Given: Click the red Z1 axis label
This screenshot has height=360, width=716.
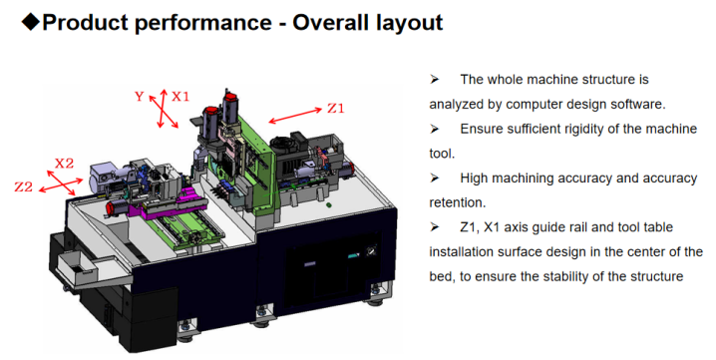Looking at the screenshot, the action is [x=336, y=109].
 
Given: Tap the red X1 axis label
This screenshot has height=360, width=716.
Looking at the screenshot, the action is [x=179, y=97].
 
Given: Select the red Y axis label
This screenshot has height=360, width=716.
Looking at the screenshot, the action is [x=140, y=97].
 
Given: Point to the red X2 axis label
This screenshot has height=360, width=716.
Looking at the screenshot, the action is [x=65, y=164].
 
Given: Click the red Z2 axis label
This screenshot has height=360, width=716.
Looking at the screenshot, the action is [x=24, y=186].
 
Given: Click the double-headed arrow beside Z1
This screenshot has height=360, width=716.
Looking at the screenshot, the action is [x=295, y=116].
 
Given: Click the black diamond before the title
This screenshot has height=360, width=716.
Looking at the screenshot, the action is [x=31, y=22].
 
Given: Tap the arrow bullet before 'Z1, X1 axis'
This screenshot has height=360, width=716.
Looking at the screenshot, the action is [x=434, y=227].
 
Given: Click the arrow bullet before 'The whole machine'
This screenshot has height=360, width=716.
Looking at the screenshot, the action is [x=434, y=80].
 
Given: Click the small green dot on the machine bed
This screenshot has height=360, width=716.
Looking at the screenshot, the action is [x=329, y=205].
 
